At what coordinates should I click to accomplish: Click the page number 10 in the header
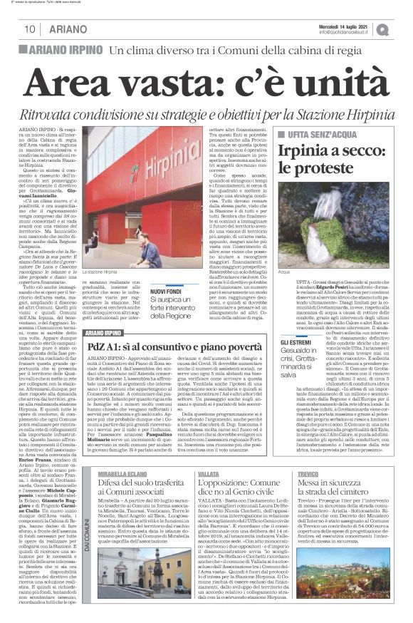31,29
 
